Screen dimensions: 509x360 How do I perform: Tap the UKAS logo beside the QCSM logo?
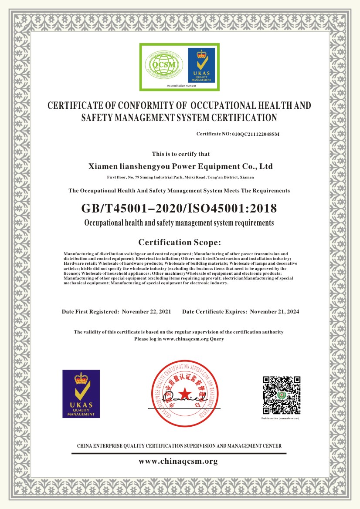point(201,65)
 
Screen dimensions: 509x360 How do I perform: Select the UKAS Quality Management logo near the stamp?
point(81,394)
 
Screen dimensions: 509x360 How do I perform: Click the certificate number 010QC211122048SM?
point(255,134)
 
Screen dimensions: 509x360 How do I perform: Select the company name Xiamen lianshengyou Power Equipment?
point(180,166)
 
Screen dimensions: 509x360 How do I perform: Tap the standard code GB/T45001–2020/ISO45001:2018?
point(179,208)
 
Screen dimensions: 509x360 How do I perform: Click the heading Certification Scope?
point(180,242)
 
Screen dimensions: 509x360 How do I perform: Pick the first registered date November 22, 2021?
point(146,312)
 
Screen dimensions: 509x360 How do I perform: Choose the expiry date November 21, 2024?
point(275,312)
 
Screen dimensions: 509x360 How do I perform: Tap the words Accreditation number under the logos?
point(182,86)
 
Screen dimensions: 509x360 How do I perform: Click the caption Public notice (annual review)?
point(280,418)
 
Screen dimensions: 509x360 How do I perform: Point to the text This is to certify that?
point(180,154)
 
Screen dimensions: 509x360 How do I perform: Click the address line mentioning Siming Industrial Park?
point(180,178)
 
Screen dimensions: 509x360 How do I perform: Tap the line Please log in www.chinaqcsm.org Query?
point(179,338)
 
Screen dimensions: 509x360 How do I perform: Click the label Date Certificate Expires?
point(215,312)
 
